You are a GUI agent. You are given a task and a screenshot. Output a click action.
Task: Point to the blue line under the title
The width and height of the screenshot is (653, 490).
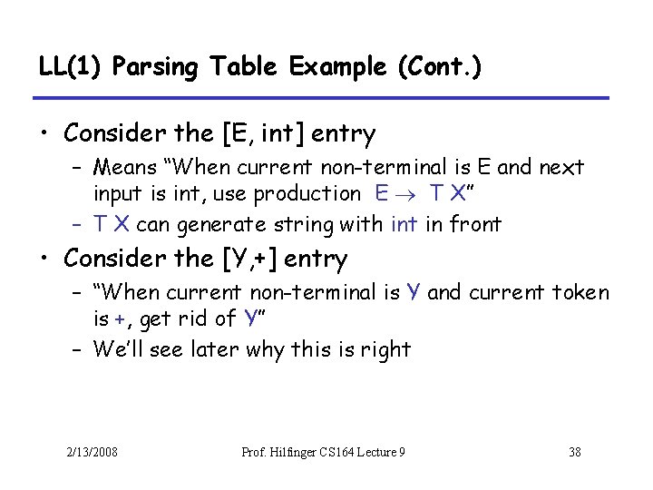point(321,98)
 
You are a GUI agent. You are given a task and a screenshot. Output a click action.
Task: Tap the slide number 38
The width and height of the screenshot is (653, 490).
point(573,452)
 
